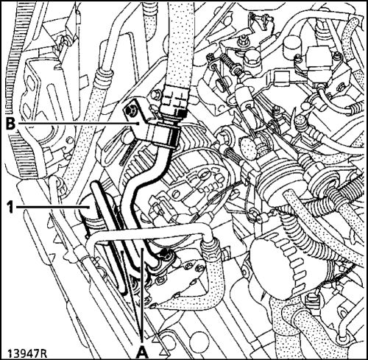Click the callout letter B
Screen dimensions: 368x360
pyautogui.click(x=10, y=124)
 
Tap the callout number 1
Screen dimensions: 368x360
pyautogui.click(x=10, y=208)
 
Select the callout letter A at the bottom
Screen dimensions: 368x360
pyautogui.click(x=142, y=353)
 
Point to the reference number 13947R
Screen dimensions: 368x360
pyautogui.click(x=27, y=353)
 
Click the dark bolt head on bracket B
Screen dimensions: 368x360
pyautogui.click(x=130, y=112)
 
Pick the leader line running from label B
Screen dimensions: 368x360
pyautogui.click(x=78, y=124)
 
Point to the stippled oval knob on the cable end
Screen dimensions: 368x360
pyautogui.click(x=248, y=147)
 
